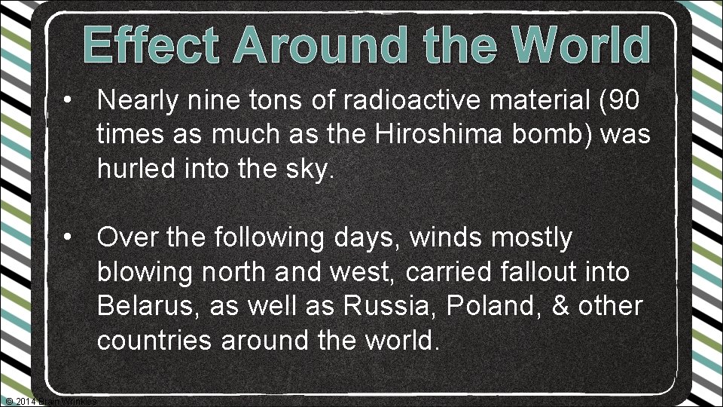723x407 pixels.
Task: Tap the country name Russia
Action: [378, 307]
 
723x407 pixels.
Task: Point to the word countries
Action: [156, 341]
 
